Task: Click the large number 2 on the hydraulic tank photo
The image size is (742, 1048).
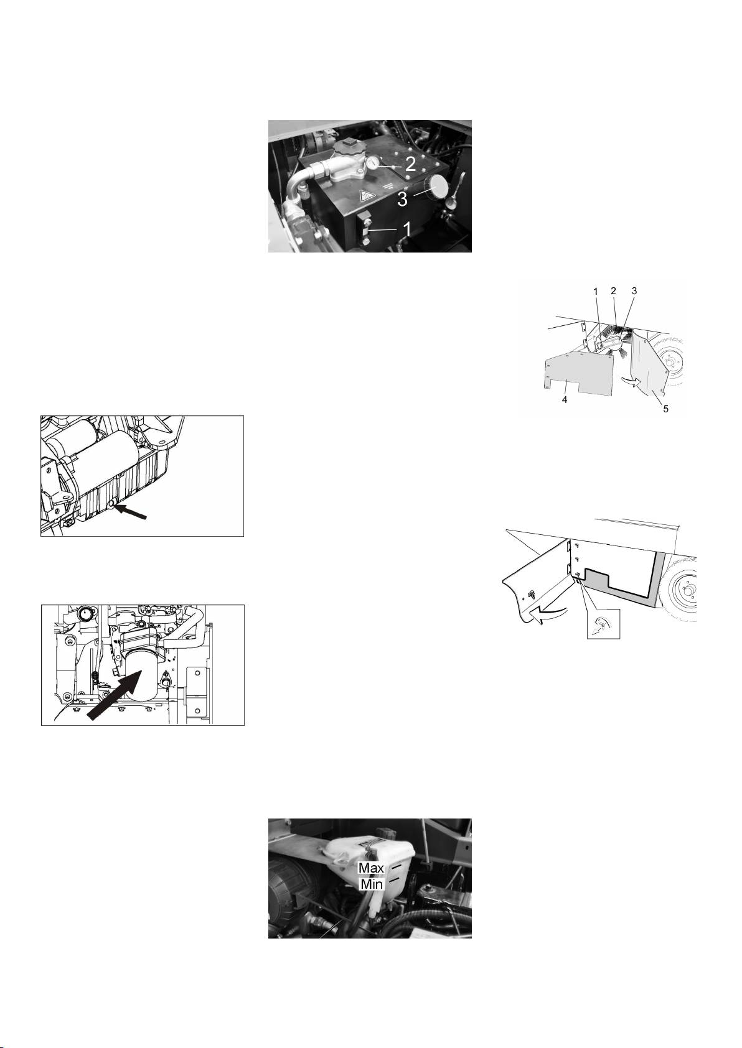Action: [410, 164]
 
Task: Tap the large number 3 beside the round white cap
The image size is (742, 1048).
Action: [403, 199]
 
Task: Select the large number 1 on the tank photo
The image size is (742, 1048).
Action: [407, 230]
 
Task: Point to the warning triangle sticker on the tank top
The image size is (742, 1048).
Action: [365, 195]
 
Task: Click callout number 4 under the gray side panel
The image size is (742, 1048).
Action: [565, 400]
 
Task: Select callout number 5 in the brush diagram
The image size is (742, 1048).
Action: [665, 409]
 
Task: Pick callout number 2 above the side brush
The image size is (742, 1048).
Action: [613, 291]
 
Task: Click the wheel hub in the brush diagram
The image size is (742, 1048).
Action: [672, 361]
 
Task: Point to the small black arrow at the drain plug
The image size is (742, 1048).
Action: [131, 511]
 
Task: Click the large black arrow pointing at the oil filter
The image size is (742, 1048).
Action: [114, 695]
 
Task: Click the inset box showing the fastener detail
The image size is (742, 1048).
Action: [603, 624]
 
